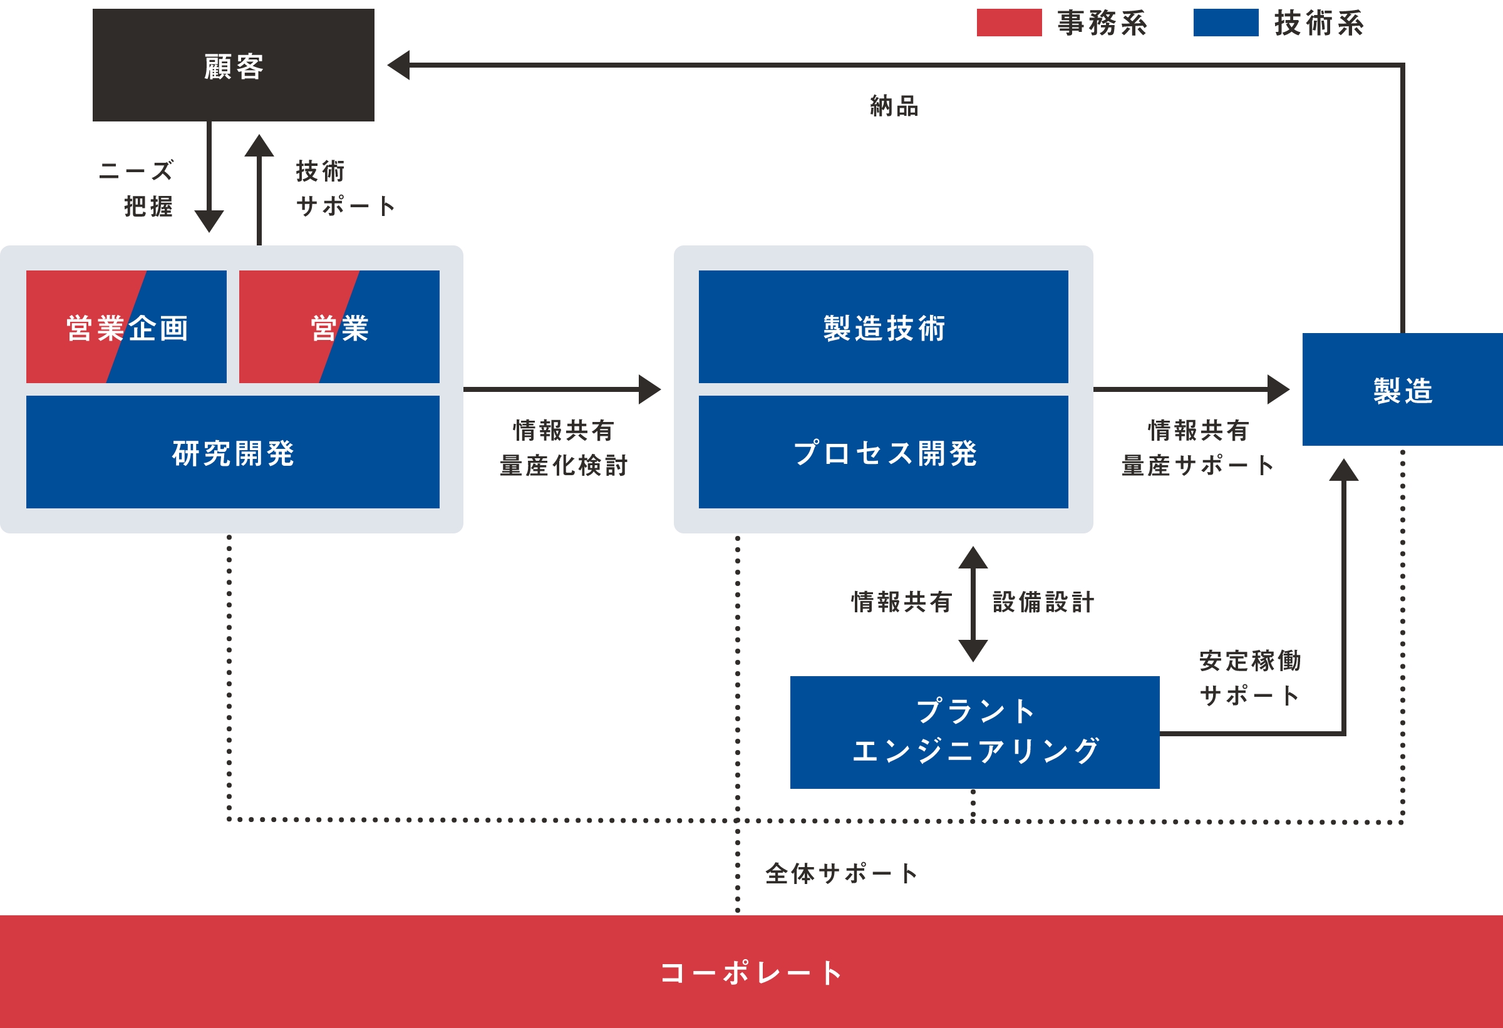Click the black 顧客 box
tap(233, 64)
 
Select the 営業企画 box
tap(126, 327)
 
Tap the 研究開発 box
tap(233, 452)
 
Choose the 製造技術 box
tap(884, 327)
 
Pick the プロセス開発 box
tap(884, 452)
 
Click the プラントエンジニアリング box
tap(974, 732)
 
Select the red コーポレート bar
tap(751, 971)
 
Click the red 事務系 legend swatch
tap(1009, 23)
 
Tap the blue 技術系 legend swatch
tap(1226, 23)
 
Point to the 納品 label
tap(894, 106)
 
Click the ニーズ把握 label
tap(137, 188)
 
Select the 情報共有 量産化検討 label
tap(563, 448)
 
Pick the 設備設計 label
tap(1043, 602)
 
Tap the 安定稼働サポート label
tap(1249, 677)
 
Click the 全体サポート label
tap(841, 873)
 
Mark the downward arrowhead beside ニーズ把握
tap(209, 220)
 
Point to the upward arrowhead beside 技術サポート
tap(259, 146)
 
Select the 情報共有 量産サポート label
tap(1198, 448)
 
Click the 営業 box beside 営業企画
tap(339, 327)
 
